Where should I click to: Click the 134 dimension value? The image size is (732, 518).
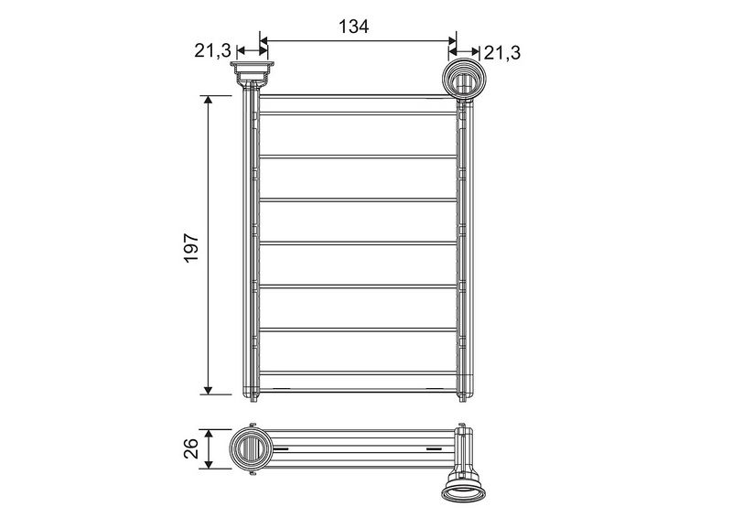click(x=353, y=27)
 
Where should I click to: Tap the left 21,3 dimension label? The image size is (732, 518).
click(x=212, y=51)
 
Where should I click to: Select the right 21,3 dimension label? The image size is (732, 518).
click(x=501, y=53)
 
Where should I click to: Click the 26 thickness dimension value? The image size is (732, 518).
click(x=191, y=448)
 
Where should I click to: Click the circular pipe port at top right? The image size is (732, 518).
click(x=464, y=79)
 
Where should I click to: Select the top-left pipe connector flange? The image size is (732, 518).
click(x=252, y=74)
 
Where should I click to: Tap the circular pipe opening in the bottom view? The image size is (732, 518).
click(x=251, y=448)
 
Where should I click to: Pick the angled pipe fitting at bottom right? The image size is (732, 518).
click(x=464, y=486)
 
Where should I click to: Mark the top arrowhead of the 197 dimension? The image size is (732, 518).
click(x=209, y=100)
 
